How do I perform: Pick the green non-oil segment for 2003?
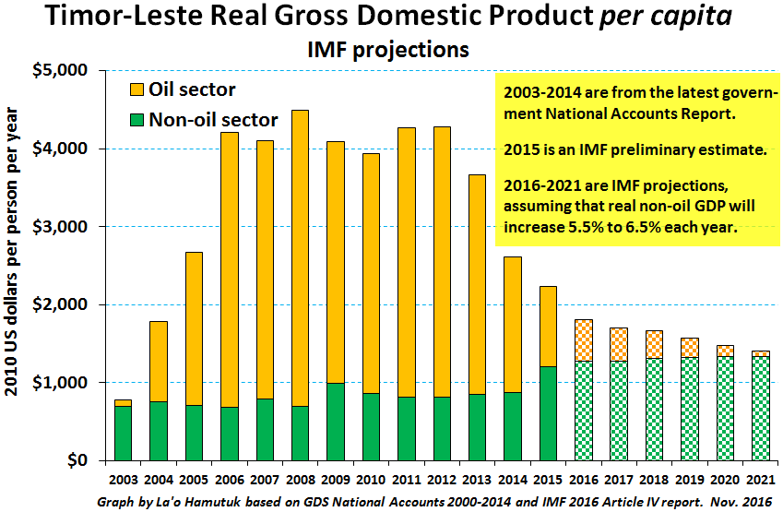click(x=123, y=433)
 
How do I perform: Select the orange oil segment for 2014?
click(x=513, y=324)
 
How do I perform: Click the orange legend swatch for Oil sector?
click(x=136, y=89)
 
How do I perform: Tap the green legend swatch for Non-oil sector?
click(x=136, y=119)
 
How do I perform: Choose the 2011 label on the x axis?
click(x=406, y=482)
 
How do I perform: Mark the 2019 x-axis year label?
click(x=690, y=482)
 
